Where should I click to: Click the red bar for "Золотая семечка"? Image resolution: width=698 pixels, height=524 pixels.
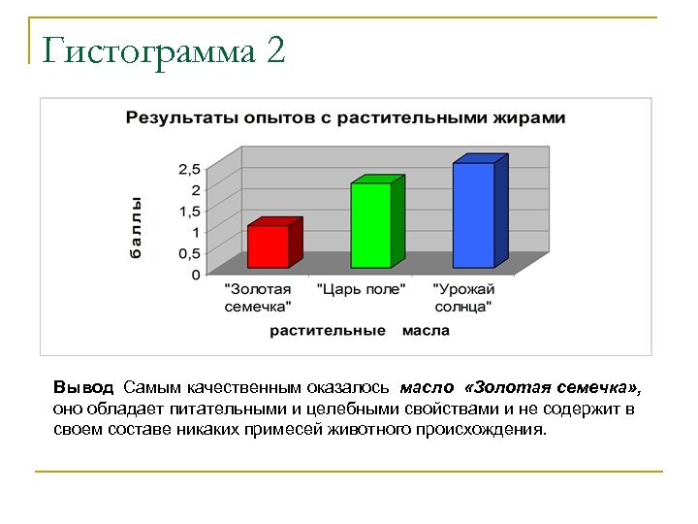click(269, 246)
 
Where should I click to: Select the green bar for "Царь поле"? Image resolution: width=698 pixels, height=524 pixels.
click(371, 224)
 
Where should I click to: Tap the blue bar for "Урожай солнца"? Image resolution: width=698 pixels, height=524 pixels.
click(474, 214)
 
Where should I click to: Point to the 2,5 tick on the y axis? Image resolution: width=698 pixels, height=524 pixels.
click(188, 169)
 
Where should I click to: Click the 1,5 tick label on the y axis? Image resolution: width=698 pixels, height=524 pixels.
click(188, 211)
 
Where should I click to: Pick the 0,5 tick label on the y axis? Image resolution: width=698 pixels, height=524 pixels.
click(188, 253)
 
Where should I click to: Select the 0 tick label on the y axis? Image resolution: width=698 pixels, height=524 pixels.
click(195, 275)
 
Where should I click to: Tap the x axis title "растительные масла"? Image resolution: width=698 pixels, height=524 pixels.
click(360, 330)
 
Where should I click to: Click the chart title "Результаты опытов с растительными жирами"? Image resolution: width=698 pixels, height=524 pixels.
click(345, 117)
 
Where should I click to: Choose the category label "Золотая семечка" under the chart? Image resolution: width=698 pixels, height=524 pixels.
click(258, 298)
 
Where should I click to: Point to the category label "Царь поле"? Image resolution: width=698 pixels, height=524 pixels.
click(359, 289)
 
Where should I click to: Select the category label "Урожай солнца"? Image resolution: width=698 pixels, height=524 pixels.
click(463, 298)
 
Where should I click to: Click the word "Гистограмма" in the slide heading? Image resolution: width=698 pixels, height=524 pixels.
click(142, 50)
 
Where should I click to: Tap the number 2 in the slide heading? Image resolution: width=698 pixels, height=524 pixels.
click(274, 50)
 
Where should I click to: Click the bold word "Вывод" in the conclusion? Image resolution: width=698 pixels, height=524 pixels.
click(83, 388)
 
